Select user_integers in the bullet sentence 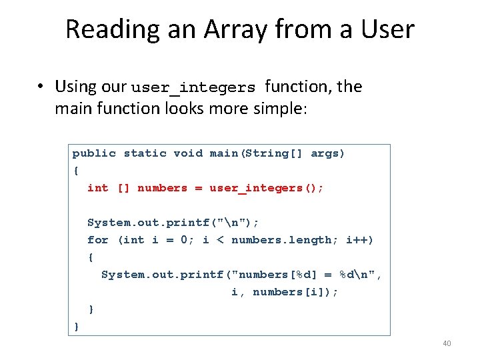point(193,87)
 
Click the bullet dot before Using point(41,87)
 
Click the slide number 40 point(447,343)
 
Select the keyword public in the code point(94,153)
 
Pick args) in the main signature point(328,153)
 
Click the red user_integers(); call point(267,188)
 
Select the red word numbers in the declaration point(162,188)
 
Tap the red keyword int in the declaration point(97,188)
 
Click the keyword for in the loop point(97,240)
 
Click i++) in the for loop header point(360,240)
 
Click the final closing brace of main point(77,326)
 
